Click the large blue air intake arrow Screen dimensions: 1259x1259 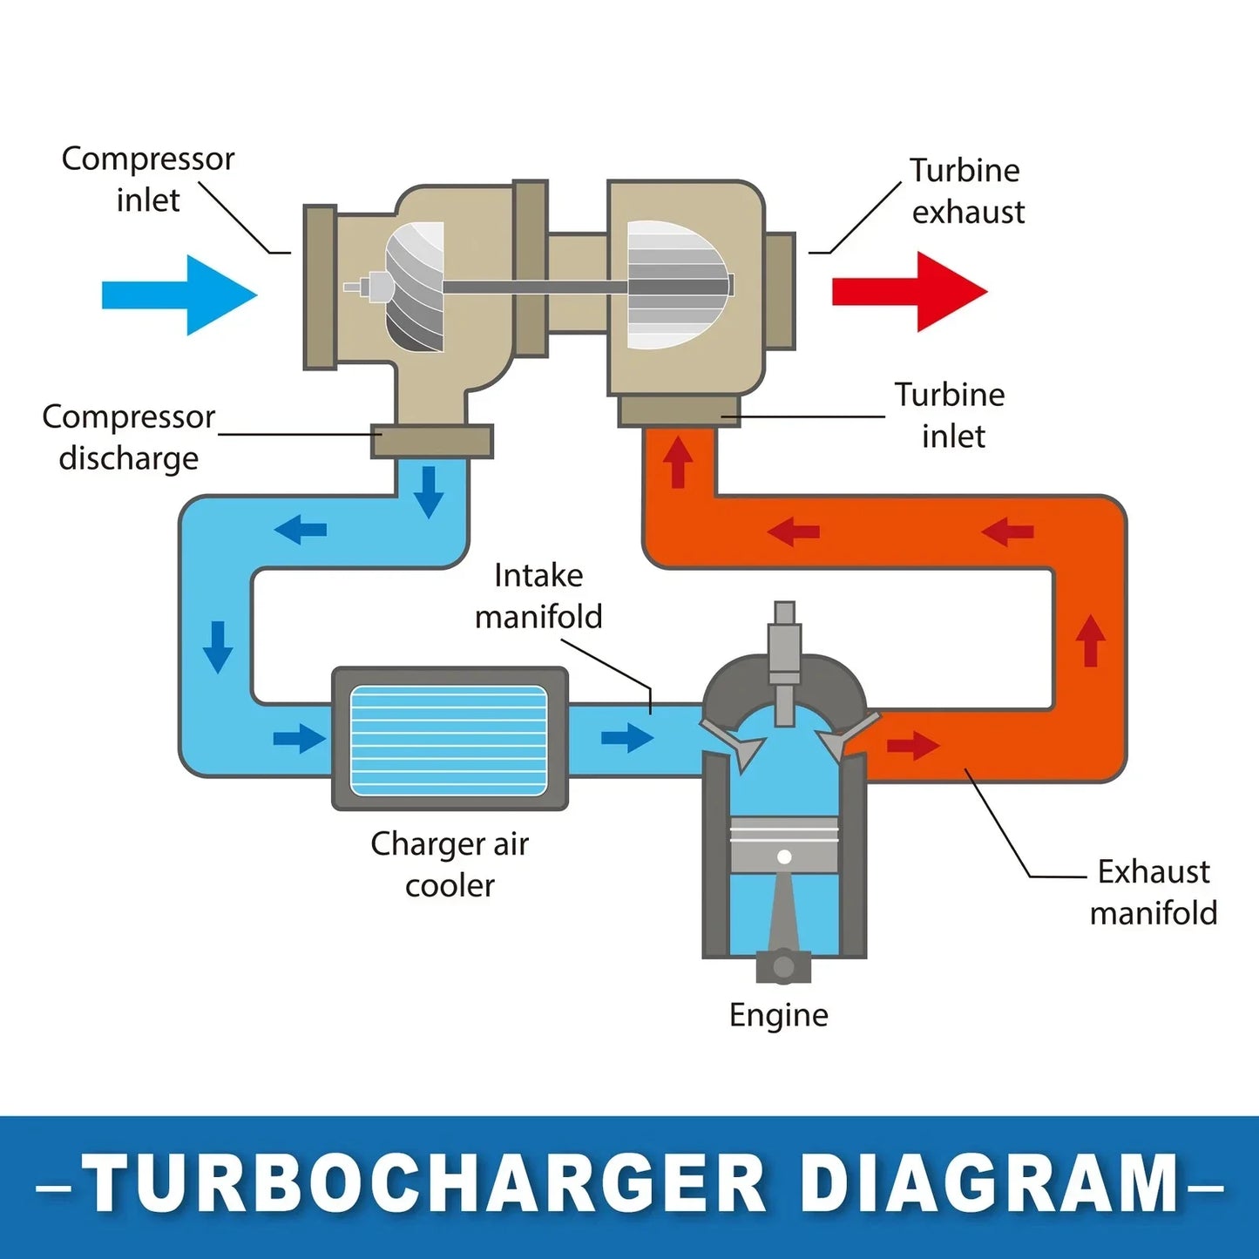[x=179, y=295]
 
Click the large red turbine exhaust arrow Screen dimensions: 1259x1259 [x=910, y=291]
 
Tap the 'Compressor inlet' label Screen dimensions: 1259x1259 [x=147, y=179]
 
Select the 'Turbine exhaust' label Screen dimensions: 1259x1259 [x=968, y=192]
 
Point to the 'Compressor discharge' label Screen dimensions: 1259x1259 [x=129, y=437]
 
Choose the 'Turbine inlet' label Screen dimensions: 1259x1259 [x=950, y=415]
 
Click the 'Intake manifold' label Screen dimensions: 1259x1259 [x=538, y=596]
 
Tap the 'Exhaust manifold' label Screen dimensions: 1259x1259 [x=1154, y=892]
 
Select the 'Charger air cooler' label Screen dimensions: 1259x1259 [x=450, y=864]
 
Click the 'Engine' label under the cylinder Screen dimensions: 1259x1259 [x=779, y=1016]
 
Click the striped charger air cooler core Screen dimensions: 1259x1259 [x=449, y=741]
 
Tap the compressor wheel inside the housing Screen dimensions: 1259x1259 [x=414, y=287]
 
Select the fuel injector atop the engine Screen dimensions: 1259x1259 [x=785, y=662]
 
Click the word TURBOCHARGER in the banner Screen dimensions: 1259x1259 [x=424, y=1184]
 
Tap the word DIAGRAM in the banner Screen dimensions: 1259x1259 [x=993, y=1184]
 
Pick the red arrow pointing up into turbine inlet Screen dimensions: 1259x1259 [x=678, y=463]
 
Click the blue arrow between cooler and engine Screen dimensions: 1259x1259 [x=627, y=738]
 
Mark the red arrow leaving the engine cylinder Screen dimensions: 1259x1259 [x=913, y=746]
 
